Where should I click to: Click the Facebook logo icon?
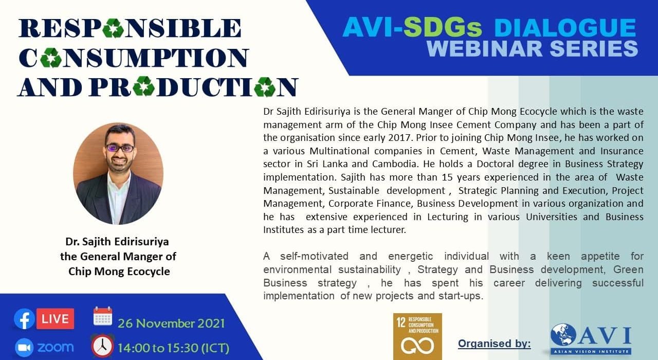(x=24, y=319)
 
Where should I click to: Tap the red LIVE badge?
(x=55, y=319)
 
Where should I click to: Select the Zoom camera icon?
(x=24, y=348)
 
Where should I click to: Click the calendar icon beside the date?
(x=103, y=316)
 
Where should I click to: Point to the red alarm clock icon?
(x=102, y=346)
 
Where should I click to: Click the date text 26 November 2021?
(x=171, y=323)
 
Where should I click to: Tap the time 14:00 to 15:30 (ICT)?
(x=173, y=348)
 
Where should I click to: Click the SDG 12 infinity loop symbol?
(x=417, y=346)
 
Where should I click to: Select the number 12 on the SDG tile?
(x=401, y=322)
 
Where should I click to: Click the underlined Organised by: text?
(x=495, y=344)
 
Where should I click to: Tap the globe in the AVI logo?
(x=563, y=335)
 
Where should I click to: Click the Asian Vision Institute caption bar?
(x=591, y=351)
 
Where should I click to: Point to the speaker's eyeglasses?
(x=120, y=148)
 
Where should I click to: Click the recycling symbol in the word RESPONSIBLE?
(x=113, y=28)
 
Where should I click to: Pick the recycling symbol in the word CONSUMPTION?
(x=50, y=58)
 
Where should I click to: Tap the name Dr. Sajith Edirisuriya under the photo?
(x=117, y=242)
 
